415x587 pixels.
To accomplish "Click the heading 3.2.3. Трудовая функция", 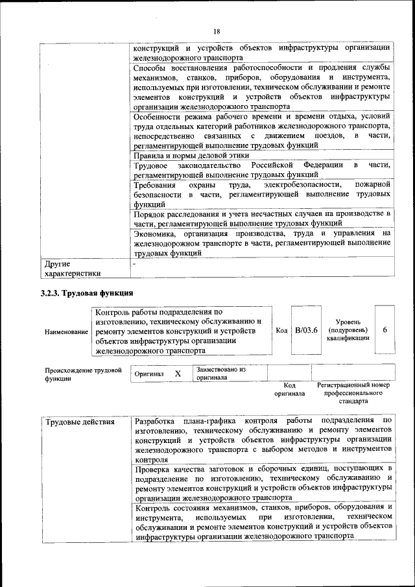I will pos(87,293).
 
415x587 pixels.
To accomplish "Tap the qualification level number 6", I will pos(385,330).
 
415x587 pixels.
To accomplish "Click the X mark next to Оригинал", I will pos(178,374).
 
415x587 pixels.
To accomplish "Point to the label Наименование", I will pos(67,331).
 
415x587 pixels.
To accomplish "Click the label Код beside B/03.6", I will pos(281,331).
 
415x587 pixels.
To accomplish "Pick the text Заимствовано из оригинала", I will pos(221,373).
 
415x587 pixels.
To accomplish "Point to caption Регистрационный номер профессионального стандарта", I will pos(354,393).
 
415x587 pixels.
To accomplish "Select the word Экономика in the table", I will pos(155,234).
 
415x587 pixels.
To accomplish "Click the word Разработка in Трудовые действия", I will pos(156,422).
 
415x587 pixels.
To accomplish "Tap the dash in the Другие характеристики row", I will pos(135,265).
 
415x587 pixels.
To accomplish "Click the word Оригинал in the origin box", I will pos(149,374).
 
